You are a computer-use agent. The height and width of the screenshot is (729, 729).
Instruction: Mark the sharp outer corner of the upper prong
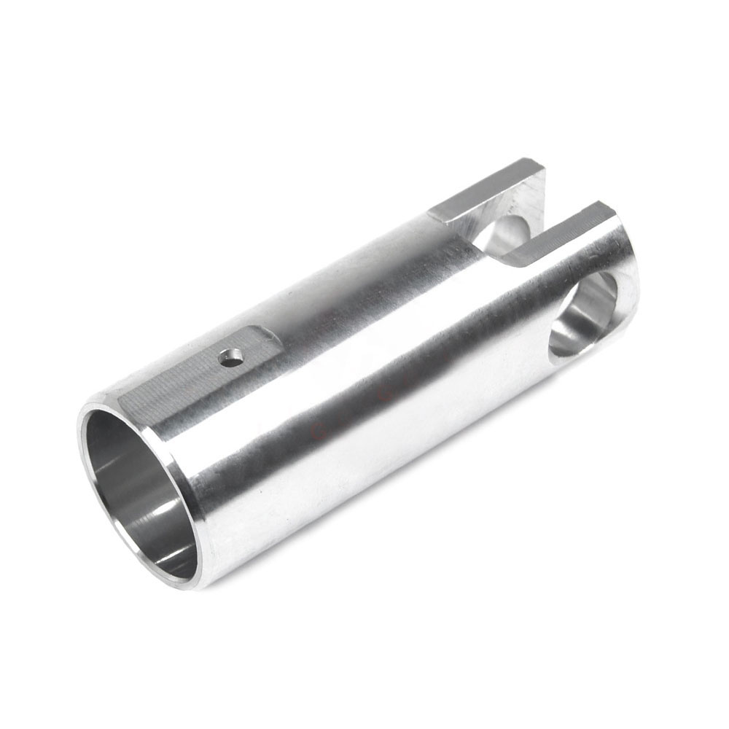coord(544,168)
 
